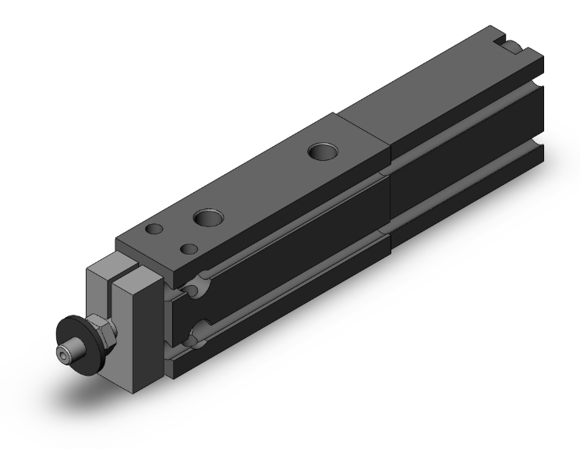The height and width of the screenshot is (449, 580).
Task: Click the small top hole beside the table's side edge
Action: coord(188,249)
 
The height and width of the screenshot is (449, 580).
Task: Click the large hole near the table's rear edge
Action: coord(319,150)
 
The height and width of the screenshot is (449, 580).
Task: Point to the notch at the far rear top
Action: coord(507,44)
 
